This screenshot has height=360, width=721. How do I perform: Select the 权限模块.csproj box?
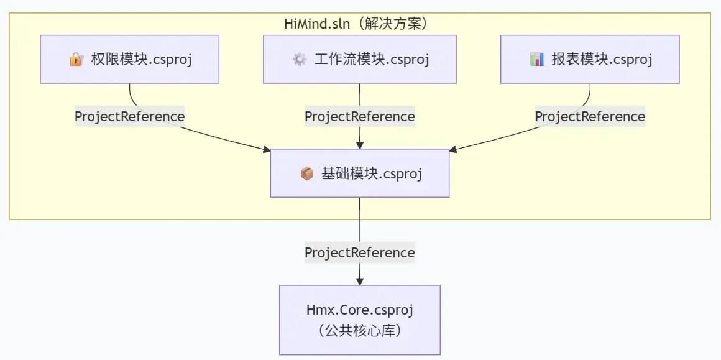coord(130,59)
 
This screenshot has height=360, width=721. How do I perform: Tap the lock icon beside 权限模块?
coord(76,59)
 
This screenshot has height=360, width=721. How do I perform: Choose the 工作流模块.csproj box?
coord(360,59)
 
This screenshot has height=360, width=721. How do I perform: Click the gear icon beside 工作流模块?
coord(300,59)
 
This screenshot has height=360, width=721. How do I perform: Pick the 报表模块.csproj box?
coord(590,59)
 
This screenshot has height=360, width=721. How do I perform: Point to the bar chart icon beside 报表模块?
coord(536,59)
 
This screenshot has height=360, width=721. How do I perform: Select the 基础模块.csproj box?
coord(360,173)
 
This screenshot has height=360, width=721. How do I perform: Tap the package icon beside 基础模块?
coord(306,174)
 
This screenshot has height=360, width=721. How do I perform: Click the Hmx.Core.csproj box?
coord(360,320)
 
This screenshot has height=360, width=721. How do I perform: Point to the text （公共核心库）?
coord(360,331)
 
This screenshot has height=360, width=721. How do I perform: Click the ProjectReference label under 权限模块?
coord(130,116)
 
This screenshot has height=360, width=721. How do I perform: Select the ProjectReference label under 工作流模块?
coord(360,116)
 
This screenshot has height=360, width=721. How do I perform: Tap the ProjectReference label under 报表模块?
coord(590,116)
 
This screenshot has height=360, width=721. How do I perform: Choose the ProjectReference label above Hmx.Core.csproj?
coord(360,252)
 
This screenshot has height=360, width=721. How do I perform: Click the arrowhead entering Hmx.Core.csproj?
coord(360,281)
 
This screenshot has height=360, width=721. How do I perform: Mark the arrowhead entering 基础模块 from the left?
coord(267,149)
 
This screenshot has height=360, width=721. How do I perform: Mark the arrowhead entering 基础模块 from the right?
coord(453,149)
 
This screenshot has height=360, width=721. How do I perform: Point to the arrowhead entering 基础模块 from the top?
coord(360,145)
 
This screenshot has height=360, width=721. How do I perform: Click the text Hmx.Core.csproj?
coord(360,310)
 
